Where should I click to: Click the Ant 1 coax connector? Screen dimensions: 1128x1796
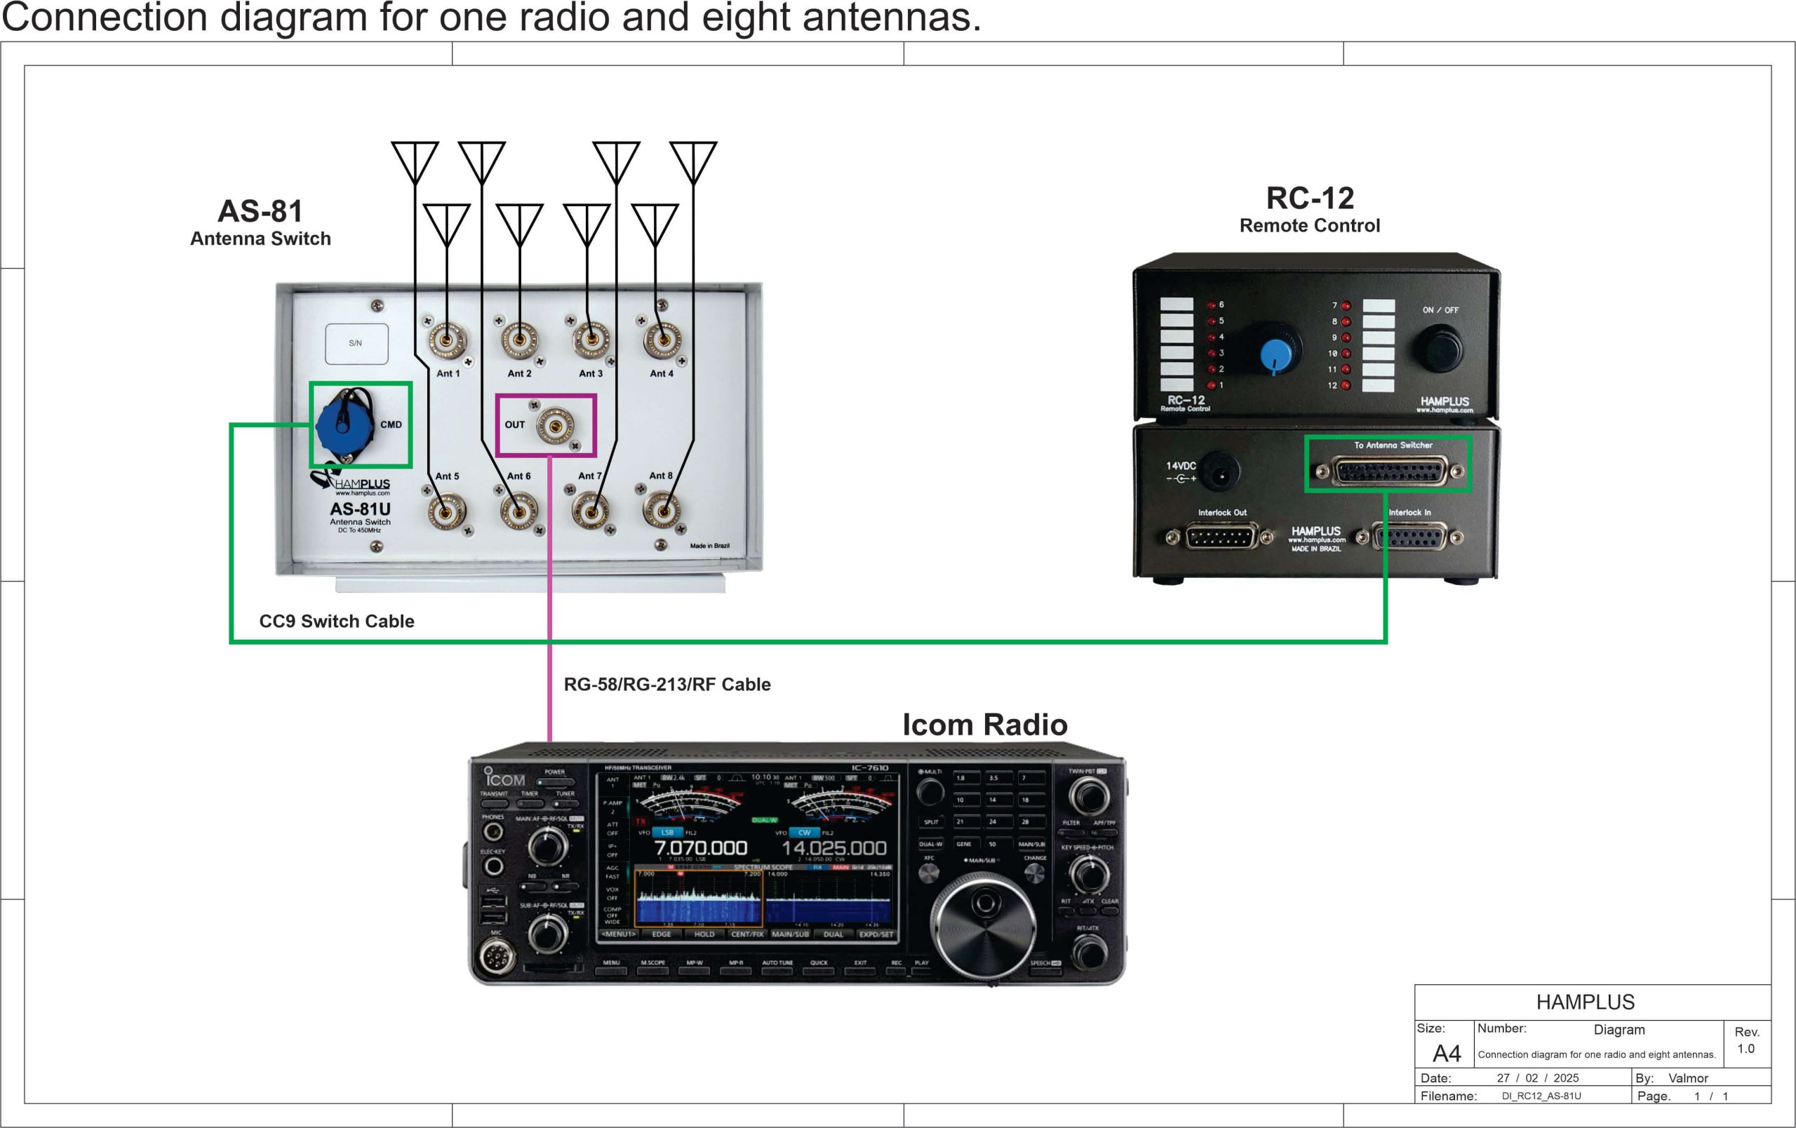447,341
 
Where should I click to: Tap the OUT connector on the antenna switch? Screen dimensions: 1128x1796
555,425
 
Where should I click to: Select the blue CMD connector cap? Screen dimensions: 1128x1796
344,426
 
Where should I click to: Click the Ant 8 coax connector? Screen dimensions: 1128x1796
661,511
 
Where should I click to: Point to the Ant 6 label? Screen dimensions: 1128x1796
518,476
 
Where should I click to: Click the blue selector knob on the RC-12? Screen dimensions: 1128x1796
1276,354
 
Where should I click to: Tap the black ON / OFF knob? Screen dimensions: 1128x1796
1440,348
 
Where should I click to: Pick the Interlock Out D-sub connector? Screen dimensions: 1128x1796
1220,536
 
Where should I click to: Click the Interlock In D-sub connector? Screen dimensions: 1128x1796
1409,537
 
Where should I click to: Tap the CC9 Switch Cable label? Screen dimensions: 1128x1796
336,621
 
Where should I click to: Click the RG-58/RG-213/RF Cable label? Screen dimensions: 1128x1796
666,685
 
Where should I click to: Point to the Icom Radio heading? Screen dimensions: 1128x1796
984,725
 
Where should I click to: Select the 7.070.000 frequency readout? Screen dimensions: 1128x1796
700,847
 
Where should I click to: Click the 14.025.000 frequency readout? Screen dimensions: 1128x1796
834,847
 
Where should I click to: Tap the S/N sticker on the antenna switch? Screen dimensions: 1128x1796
356,344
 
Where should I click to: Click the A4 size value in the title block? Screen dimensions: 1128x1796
1446,1054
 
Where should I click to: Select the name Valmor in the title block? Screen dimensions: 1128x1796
1688,1078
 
